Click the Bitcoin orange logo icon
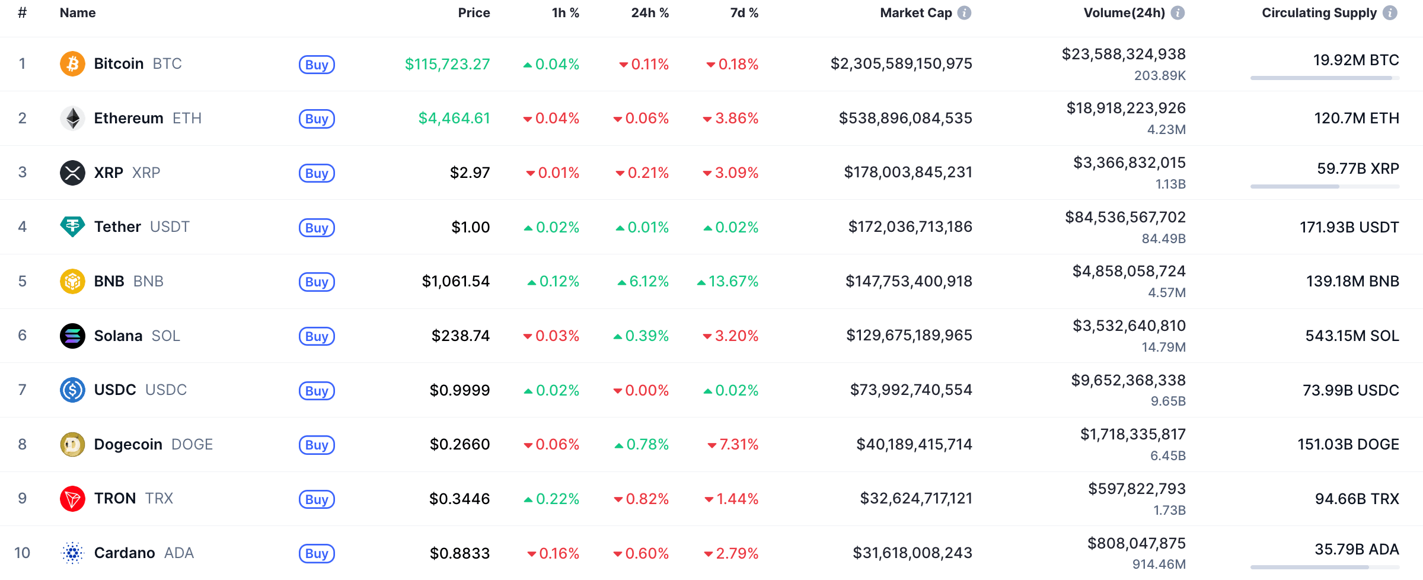[x=72, y=63]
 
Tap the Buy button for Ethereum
[x=317, y=119]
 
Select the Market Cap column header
[x=915, y=12]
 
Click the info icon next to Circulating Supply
[x=1390, y=12]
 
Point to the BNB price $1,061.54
[x=455, y=281]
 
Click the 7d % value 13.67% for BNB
[x=733, y=281]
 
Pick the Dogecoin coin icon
[x=72, y=444]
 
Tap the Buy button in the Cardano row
[x=317, y=553]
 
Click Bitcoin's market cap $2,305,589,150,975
[x=901, y=63]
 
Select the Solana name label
[x=118, y=336]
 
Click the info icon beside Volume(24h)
[x=1178, y=12]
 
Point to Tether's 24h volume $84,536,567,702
[x=1125, y=217]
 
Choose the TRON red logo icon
[x=72, y=499]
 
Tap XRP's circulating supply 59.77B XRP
[x=1357, y=168]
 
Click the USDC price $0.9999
[x=460, y=390]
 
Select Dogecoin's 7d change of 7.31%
[x=738, y=444]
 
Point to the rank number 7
[x=23, y=390]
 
